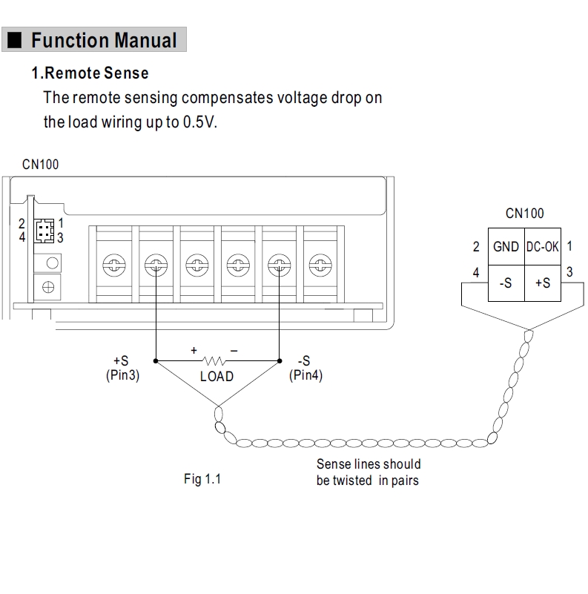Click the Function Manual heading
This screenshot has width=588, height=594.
tap(104, 39)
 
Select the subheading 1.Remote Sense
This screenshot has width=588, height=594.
tap(90, 73)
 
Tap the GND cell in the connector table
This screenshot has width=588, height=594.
tap(506, 247)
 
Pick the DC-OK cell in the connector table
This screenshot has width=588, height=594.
tap(543, 247)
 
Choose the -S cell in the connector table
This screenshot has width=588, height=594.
tap(506, 283)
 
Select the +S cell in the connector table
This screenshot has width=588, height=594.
tap(543, 283)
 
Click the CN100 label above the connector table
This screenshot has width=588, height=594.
tap(524, 214)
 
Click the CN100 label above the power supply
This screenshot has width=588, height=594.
tap(40, 164)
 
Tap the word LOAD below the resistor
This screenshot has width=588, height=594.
tap(217, 377)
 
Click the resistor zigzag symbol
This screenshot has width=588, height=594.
tap(217, 361)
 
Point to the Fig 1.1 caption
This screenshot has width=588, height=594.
tap(202, 479)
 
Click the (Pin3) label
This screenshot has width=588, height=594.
tap(123, 375)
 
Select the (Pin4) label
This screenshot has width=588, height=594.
tap(305, 375)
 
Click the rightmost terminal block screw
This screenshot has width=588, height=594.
tap(319, 263)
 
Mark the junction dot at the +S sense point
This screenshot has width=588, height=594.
tap(155, 361)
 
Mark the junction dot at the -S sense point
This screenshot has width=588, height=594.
tap(279, 361)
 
